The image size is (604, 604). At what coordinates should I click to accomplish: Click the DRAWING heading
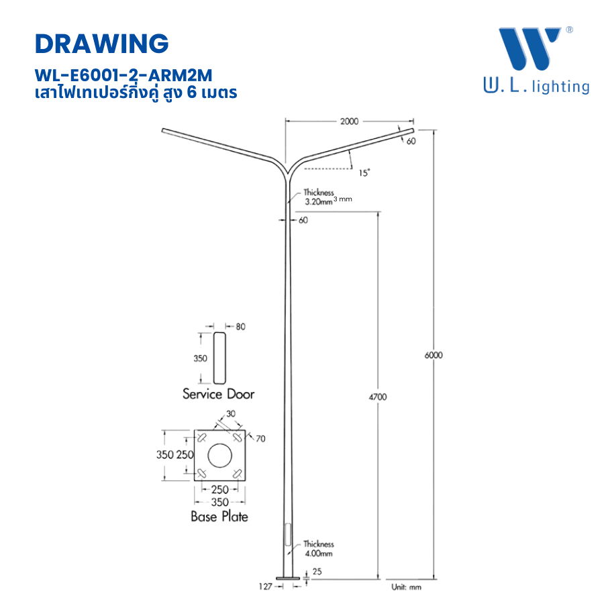(x=101, y=44)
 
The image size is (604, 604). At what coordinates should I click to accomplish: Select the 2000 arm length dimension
(x=350, y=121)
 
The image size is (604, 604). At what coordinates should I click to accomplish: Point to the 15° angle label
(x=364, y=173)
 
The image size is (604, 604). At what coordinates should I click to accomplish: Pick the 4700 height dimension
(x=378, y=397)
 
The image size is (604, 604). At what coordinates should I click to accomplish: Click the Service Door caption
(x=219, y=394)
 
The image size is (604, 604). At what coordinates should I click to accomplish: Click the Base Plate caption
(x=219, y=516)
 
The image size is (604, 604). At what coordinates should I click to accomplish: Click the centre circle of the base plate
(x=219, y=455)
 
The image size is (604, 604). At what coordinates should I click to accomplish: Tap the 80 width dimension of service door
(x=241, y=327)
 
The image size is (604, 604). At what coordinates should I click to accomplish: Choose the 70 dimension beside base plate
(x=260, y=439)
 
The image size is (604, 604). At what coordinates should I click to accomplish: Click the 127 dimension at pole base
(x=266, y=587)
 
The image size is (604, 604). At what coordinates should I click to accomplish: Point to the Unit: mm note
(x=406, y=587)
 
